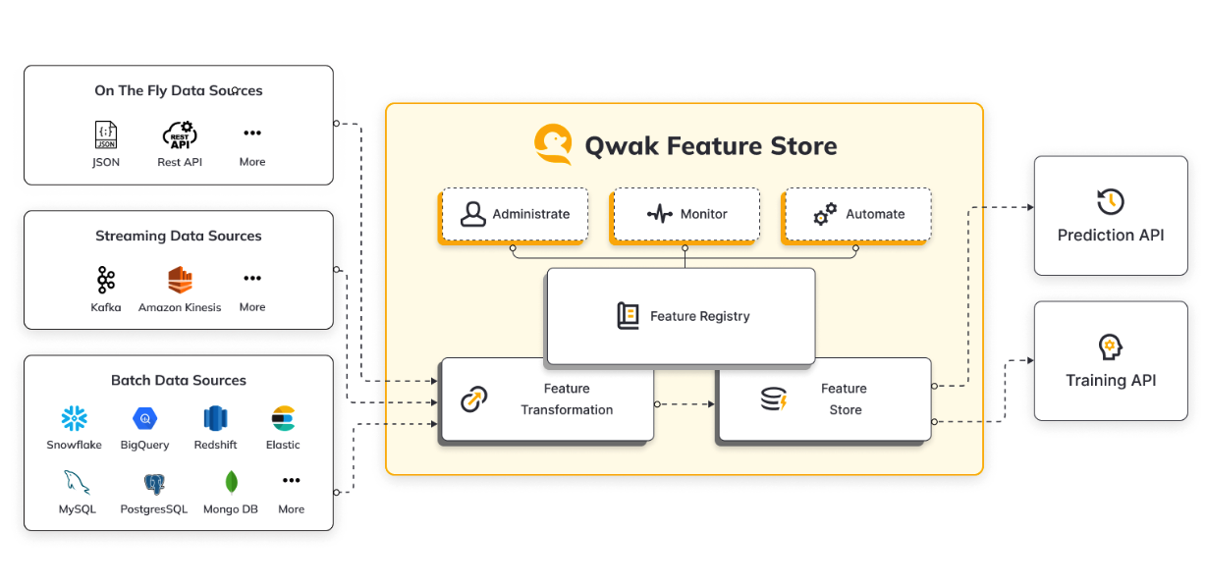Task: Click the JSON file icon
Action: (x=106, y=134)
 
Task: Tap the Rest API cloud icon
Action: (x=180, y=134)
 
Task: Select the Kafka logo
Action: (x=106, y=280)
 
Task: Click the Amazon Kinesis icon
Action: (x=180, y=280)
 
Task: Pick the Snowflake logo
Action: (x=75, y=419)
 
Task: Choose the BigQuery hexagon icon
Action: (x=144, y=419)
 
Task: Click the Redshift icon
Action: (x=215, y=419)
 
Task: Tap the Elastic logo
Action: (x=283, y=419)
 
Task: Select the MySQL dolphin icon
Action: (x=77, y=482)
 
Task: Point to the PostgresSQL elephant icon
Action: (x=153, y=483)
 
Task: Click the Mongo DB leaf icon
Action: (x=231, y=482)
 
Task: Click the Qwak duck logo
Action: (x=553, y=144)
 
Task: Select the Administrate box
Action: (x=515, y=214)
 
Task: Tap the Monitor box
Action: (x=685, y=214)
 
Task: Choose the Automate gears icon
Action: (x=825, y=214)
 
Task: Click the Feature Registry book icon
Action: (x=628, y=316)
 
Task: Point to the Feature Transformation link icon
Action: (x=474, y=399)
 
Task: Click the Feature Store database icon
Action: (x=774, y=399)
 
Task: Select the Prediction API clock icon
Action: (x=1110, y=201)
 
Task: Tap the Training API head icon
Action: (x=1110, y=346)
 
